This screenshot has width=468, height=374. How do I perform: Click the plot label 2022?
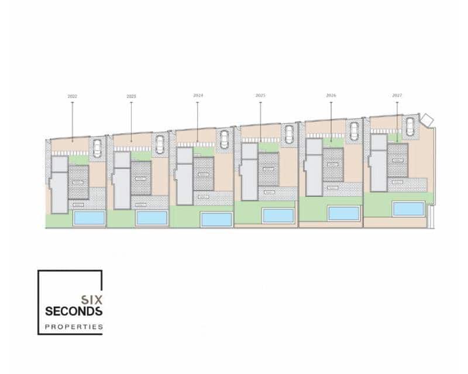tap(73, 96)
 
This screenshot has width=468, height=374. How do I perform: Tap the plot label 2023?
tap(131, 96)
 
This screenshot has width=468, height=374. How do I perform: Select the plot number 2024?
tap(198, 95)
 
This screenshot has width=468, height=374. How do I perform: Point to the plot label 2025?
tap(260, 95)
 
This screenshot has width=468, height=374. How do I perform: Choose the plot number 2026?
tap(331, 95)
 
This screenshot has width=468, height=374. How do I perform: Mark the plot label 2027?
tap(397, 95)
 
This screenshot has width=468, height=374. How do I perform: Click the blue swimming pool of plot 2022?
tap(90, 218)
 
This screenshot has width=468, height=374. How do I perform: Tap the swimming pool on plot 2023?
tap(152, 218)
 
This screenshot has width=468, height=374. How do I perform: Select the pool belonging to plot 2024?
tap(216, 219)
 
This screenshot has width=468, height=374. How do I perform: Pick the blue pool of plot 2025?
tap(278, 215)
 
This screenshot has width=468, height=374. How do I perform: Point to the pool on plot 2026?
tap(343, 213)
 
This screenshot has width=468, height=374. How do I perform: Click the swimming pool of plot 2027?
tap(408, 209)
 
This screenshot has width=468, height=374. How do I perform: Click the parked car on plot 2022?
tap(97, 148)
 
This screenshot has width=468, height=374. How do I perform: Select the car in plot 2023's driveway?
tap(160, 144)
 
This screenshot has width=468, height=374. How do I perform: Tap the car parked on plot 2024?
tap(224, 139)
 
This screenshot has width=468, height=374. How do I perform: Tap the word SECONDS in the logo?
tap(74, 311)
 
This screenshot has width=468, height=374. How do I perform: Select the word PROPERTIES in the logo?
tap(74, 326)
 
